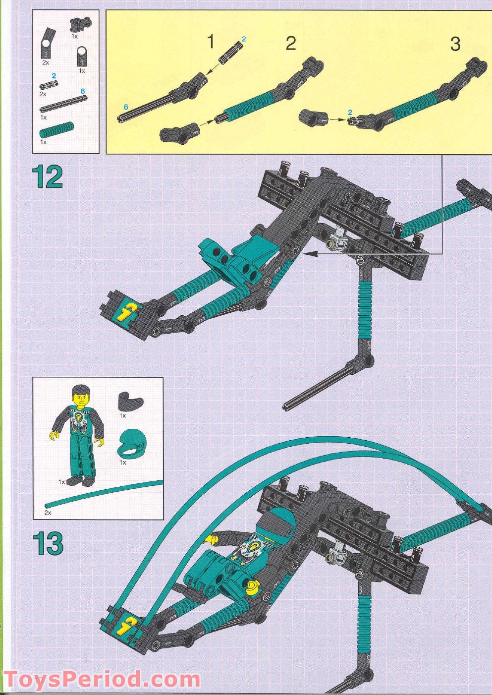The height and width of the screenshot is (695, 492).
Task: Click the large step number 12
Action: click(48, 177)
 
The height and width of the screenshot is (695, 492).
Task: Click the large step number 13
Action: click(48, 543)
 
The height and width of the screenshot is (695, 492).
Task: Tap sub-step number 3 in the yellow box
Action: click(455, 44)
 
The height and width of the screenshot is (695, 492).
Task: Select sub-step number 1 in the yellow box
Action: click(211, 42)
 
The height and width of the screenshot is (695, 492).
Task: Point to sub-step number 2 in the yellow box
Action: click(290, 44)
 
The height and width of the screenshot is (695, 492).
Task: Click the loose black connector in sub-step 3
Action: click(311, 118)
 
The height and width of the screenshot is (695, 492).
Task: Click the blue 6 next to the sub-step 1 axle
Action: click(125, 107)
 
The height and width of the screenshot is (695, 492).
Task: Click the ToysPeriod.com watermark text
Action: click(102, 679)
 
